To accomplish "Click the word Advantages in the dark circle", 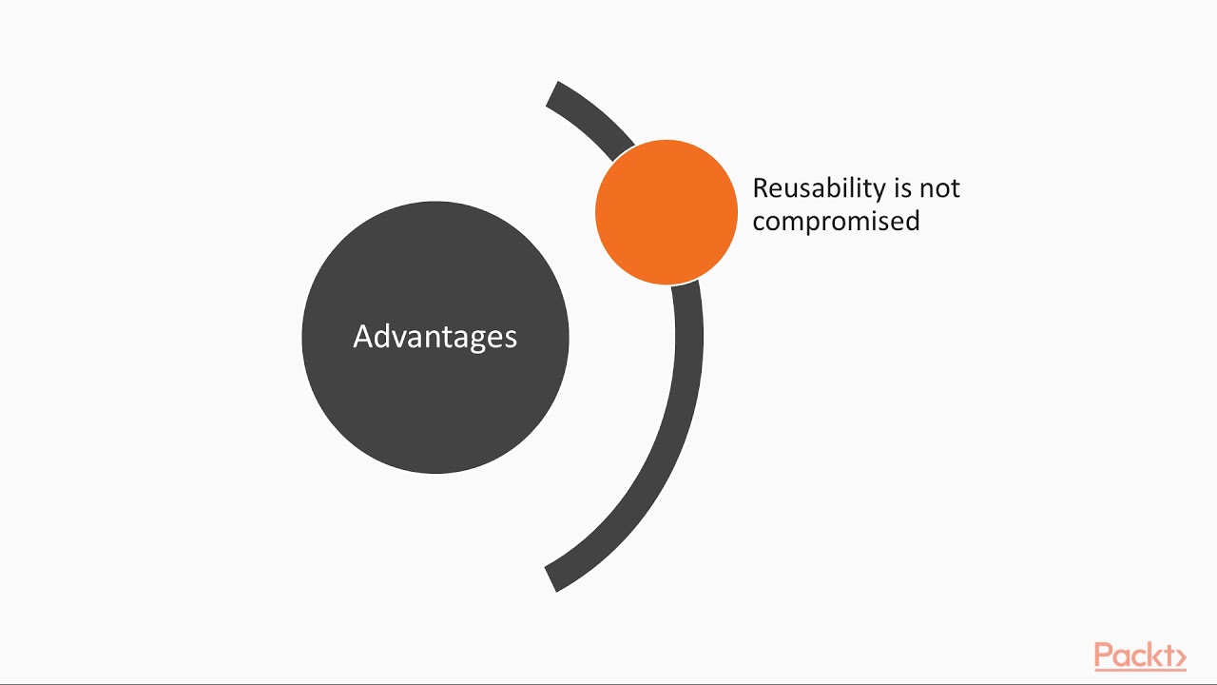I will click(435, 337).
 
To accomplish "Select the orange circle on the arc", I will click(666, 212).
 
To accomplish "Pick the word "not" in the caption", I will click(940, 188).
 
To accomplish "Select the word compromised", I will click(836, 221).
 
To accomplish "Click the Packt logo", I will click(1139, 656).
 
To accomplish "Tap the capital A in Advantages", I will click(363, 337).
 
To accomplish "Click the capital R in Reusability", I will click(761, 188).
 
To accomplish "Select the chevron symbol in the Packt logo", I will click(1180, 656).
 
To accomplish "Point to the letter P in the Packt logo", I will click(1104, 656).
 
